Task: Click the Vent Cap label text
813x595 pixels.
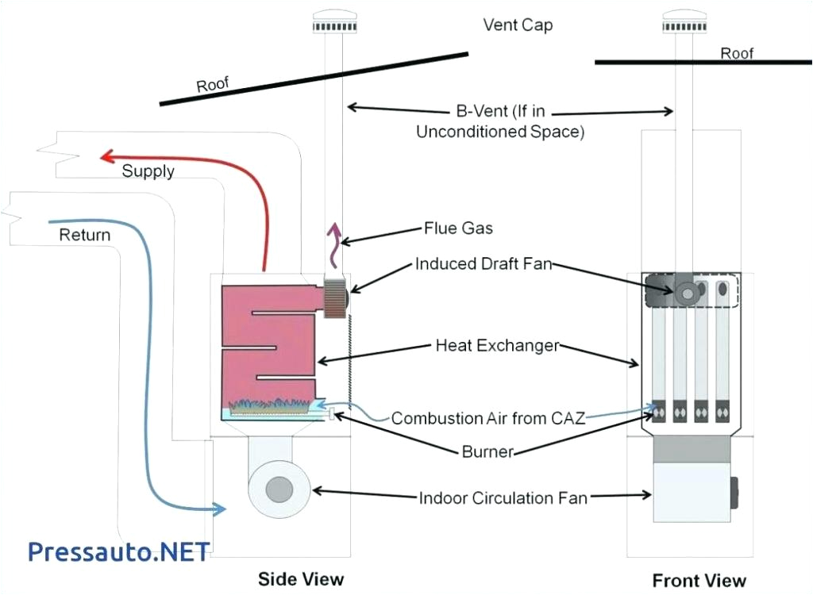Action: [518, 25]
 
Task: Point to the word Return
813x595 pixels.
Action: [84, 235]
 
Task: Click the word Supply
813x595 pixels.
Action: [148, 171]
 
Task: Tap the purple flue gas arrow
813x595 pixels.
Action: [335, 239]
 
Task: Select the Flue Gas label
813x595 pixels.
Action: [458, 228]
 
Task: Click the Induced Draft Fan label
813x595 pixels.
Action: [483, 264]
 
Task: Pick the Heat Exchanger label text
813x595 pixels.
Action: [497, 346]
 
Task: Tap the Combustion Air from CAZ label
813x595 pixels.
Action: [487, 418]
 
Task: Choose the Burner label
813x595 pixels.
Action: [487, 452]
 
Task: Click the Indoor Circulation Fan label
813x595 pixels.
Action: [503, 498]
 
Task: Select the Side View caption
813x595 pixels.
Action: [301, 579]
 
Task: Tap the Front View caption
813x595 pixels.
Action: [699, 580]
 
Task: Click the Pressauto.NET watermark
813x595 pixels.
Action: [119, 551]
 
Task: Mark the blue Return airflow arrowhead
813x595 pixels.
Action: [218, 508]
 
